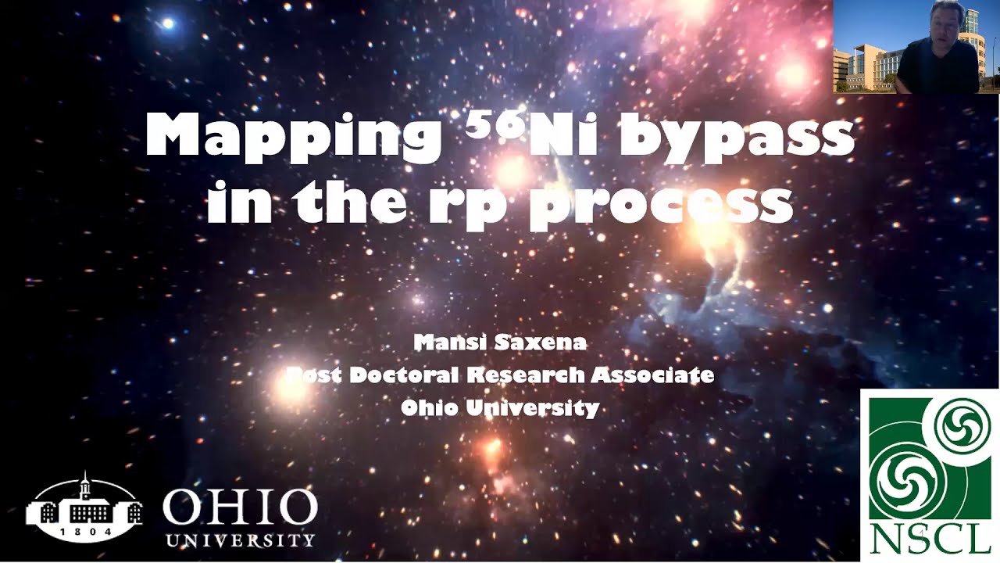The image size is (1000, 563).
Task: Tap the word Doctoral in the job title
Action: pyautogui.click(x=405, y=375)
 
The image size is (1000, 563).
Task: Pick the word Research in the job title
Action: pyautogui.click(x=525, y=375)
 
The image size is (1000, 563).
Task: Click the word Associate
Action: pyautogui.click(x=652, y=375)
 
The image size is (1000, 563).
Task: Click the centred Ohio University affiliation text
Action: pyautogui.click(x=500, y=407)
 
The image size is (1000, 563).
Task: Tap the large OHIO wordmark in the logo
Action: pyautogui.click(x=240, y=508)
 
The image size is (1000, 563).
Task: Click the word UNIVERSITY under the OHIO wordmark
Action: pyautogui.click(x=240, y=540)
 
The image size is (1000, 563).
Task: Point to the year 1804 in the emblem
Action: pyautogui.click(x=84, y=530)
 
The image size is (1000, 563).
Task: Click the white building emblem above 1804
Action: pyautogui.click(x=84, y=504)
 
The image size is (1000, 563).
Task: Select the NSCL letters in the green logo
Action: pyautogui.click(x=929, y=537)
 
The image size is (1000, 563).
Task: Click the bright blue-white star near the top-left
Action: pyautogui.click(x=166, y=23)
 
